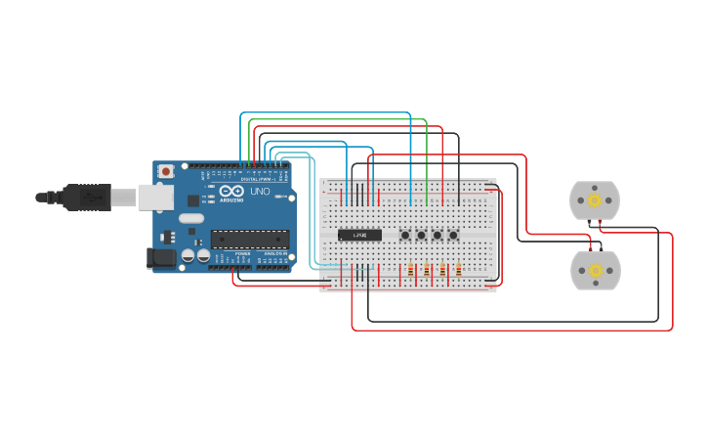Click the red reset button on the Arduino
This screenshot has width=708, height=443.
pyautogui.click(x=166, y=171)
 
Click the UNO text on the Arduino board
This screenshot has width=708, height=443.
pyautogui.click(x=260, y=192)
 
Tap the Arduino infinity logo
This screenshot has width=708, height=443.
pyautogui.click(x=228, y=191)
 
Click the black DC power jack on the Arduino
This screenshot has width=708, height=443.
pyautogui.click(x=160, y=258)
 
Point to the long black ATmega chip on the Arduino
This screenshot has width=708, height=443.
pyautogui.click(x=250, y=239)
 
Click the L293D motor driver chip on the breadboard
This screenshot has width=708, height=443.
pyautogui.click(x=359, y=235)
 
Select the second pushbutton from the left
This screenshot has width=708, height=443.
pyautogui.click(x=421, y=235)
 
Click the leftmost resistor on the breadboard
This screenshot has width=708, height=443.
pyautogui.click(x=411, y=270)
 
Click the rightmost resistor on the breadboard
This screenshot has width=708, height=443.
pyautogui.click(x=459, y=270)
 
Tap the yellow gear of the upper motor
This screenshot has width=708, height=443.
pyautogui.click(x=594, y=200)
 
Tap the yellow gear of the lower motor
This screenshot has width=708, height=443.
pyautogui.click(x=594, y=271)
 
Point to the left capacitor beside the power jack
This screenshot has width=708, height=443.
pyautogui.click(x=187, y=256)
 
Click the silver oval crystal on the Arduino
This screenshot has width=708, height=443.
pyautogui.click(x=191, y=218)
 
